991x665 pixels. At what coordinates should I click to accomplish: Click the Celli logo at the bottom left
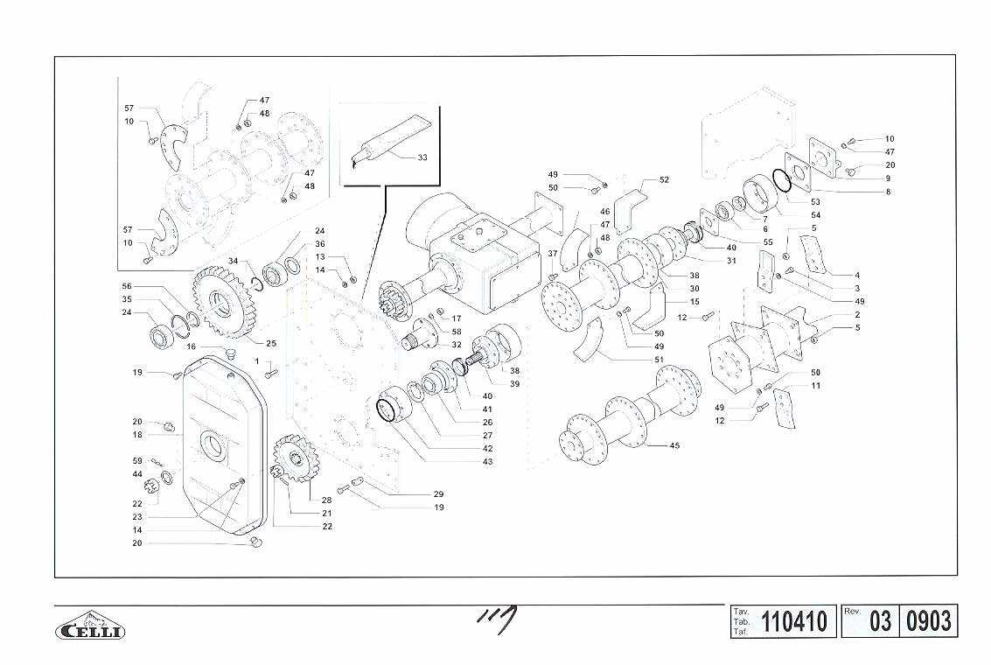pyautogui.click(x=90, y=630)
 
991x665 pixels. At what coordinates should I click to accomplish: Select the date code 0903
pyautogui.click(x=928, y=621)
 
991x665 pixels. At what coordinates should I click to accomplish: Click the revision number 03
pyautogui.click(x=880, y=621)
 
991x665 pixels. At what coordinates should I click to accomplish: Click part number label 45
pyautogui.click(x=674, y=446)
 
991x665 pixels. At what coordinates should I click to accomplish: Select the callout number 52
pyautogui.click(x=664, y=179)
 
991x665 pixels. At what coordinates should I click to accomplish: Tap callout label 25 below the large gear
pyautogui.click(x=271, y=343)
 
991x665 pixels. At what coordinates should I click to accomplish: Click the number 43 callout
pyautogui.click(x=487, y=462)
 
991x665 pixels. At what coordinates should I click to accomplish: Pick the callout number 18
pyautogui.click(x=137, y=435)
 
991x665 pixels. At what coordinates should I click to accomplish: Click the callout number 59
pyautogui.click(x=137, y=461)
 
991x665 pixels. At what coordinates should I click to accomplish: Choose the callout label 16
pyautogui.click(x=192, y=346)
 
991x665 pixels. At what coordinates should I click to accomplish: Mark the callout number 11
pyautogui.click(x=816, y=386)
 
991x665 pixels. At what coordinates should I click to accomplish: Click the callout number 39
pyautogui.click(x=515, y=384)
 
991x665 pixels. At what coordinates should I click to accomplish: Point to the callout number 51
pyautogui.click(x=659, y=360)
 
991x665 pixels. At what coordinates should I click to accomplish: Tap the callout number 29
pyautogui.click(x=438, y=495)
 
